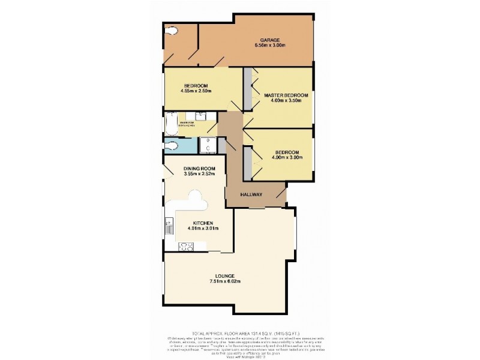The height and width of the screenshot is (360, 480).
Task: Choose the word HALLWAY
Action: tap(252, 195)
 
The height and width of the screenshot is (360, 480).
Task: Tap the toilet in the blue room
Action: tap(171, 145)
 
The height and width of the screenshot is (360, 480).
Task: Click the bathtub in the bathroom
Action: tap(171, 125)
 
